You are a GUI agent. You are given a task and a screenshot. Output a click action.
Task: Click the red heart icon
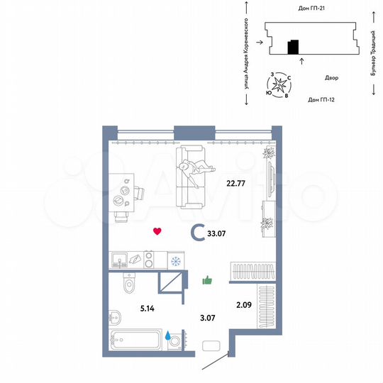[x=157, y=231]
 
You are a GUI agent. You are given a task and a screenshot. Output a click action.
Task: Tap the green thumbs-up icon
[x=208, y=281]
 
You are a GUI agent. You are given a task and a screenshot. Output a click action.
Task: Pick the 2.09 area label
[x=243, y=306]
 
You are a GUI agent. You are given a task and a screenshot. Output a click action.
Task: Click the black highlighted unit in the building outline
[x=293, y=48]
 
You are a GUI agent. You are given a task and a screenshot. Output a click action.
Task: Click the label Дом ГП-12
[x=321, y=99]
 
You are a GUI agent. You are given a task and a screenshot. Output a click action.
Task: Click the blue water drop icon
[x=169, y=336]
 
